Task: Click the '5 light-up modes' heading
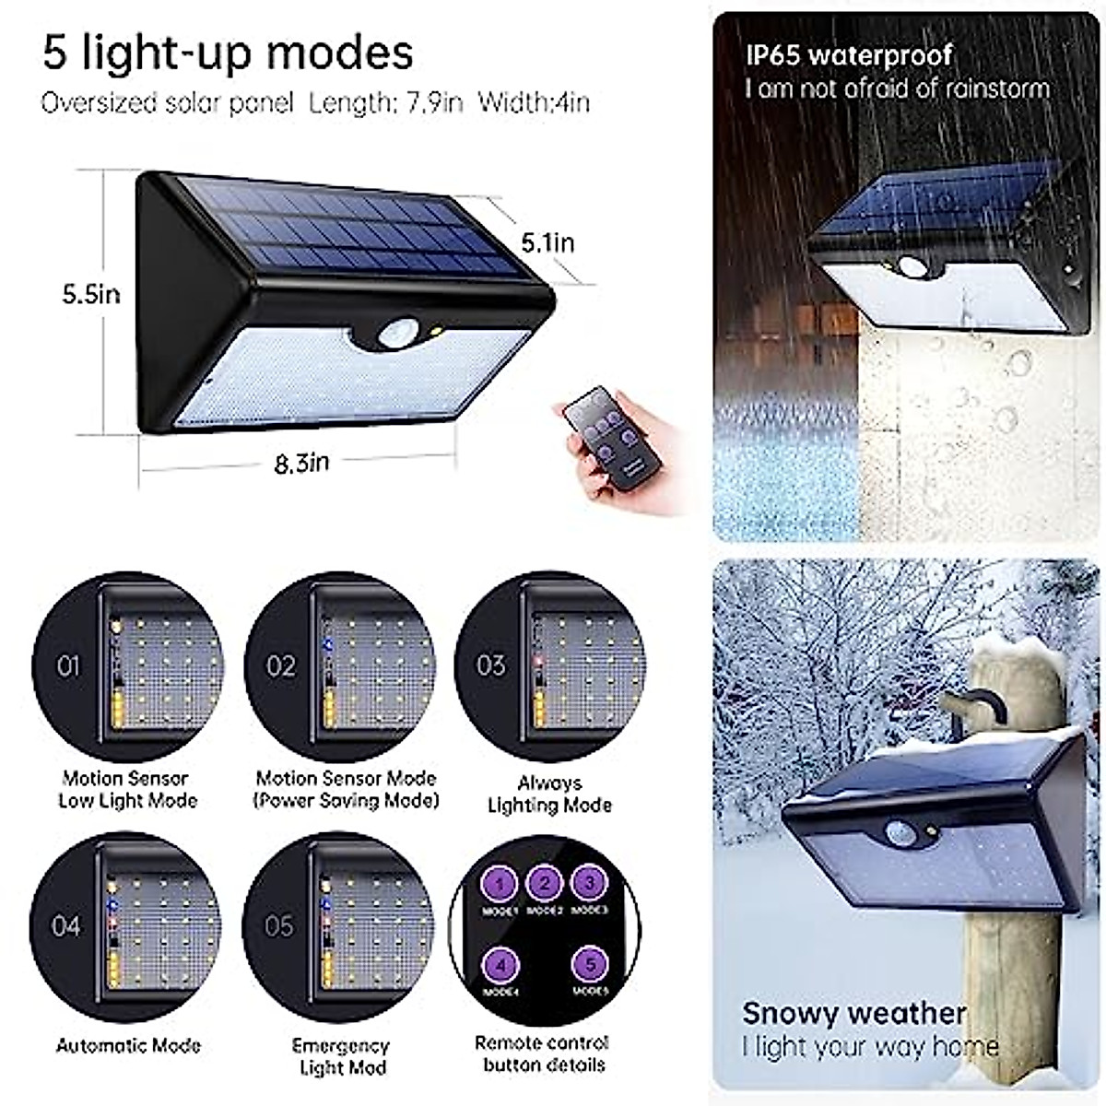(x=228, y=53)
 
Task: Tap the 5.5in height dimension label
(x=91, y=295)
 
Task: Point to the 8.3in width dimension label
(x=301, y=463)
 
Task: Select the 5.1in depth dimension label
(x=547, y=242)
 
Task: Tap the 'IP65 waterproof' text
(x=848, y=55)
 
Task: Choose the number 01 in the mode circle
(x=68, y=665)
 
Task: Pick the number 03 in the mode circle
(x=490, y=665)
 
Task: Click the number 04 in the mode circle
(x=66, y=925)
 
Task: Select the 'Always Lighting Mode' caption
(x=549, y=794)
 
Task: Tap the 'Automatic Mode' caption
(x=128, y=1046)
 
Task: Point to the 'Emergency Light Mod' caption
(x=341, y=1057)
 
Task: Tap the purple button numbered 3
(x=589, y=882)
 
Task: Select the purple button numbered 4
(x=500, y=966)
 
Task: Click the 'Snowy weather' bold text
(x=853, y=1013)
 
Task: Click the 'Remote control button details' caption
(x=542, y=1053)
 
